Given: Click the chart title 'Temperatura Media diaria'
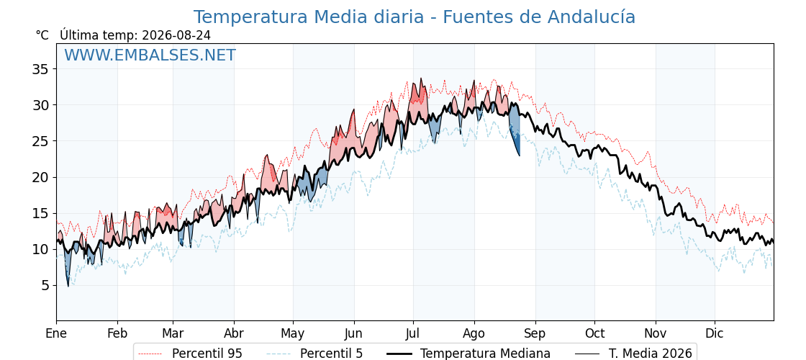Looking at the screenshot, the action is [x=309, y=17].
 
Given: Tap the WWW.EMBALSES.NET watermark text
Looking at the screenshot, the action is [x=150, y=55].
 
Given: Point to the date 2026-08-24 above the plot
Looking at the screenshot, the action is [x=176, y=35].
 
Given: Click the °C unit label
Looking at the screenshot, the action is [x=42, y=35].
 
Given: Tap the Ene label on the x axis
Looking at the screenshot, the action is [x=56, y=333].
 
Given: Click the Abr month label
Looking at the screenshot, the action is [x=234, y=333].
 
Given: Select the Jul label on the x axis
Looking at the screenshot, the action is [x=413, y=333].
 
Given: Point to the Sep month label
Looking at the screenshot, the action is [x=535, y=333].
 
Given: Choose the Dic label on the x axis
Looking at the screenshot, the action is [x=715, y=333].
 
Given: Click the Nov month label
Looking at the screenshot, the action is [x=656, y=333].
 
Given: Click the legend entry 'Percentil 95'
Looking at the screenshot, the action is [x=207, y=354].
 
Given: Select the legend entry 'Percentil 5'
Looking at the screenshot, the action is [x=331, y=354].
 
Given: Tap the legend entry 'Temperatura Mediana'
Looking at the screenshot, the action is [x=485, y=354].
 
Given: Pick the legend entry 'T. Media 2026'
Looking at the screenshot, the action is [x=651, y=354].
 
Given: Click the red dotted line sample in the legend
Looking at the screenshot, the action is [x=150, y=354].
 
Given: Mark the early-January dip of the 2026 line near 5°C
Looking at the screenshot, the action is [x=68, y=285].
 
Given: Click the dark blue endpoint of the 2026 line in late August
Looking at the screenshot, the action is [x=519, y=156].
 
